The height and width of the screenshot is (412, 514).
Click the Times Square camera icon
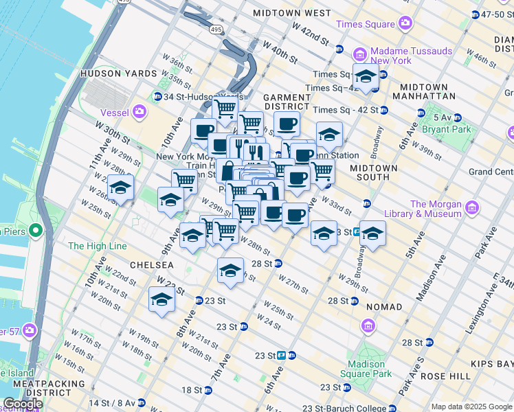pos(405,24)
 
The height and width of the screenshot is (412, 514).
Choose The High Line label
pos(95,246)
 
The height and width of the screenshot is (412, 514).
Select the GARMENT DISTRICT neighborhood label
pos(287,102)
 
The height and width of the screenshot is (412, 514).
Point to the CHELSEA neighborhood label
pos(149,265)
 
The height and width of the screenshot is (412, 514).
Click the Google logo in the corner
pos(23,404)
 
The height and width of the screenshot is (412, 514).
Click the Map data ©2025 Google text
pos(471,407)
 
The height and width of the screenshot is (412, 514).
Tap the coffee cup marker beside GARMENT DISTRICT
pos(287,124)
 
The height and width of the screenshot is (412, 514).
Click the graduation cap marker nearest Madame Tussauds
pos(366,76)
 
